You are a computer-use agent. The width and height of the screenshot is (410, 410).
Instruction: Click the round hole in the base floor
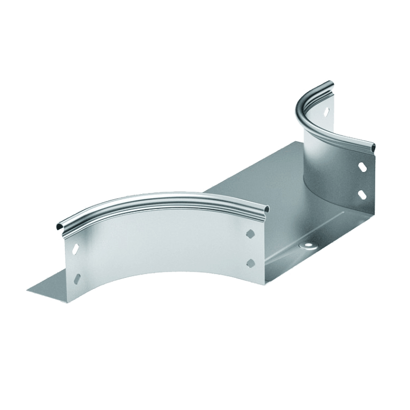(308, 244)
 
